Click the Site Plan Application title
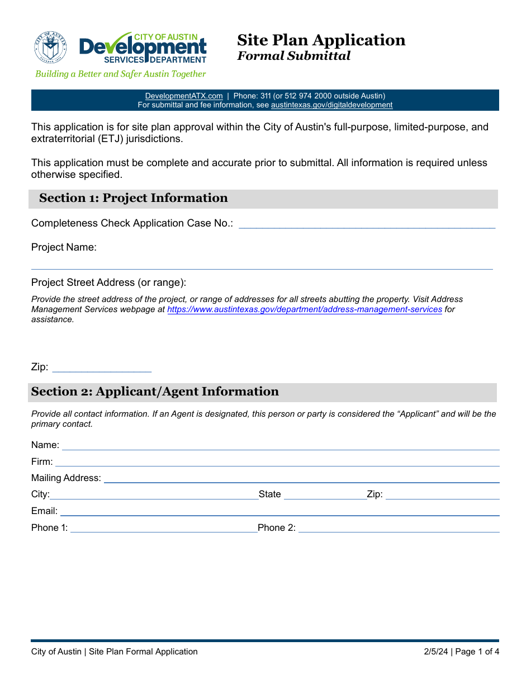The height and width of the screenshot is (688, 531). point(321,40)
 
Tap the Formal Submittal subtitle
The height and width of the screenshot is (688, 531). point(293,56)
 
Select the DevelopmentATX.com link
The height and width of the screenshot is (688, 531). point(184,96)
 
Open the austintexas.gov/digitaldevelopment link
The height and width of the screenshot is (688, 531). point(331,105)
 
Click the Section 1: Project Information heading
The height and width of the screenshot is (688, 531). point(134,198)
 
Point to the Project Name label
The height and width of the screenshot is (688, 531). point(64,247)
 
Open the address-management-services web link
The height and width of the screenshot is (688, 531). point(305,309)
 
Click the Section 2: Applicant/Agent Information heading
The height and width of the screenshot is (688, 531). point(155,392)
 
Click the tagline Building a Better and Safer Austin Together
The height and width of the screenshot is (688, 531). point(121,74)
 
